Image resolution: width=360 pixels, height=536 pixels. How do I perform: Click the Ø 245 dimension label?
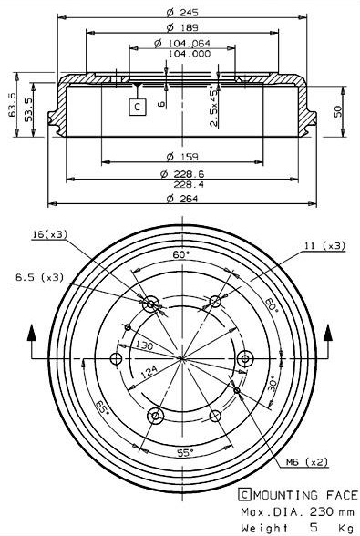182,13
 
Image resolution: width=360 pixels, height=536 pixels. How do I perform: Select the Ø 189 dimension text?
182,27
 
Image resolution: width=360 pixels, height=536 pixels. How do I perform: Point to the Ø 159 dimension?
182,157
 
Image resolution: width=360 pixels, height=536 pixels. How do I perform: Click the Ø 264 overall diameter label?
182,199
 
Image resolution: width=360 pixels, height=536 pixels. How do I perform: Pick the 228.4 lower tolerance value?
189,184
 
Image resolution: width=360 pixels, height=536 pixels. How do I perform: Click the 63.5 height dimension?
13,105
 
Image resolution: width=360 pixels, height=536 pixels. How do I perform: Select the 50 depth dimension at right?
338,111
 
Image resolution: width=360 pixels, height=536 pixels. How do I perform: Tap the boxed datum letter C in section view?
138,107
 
